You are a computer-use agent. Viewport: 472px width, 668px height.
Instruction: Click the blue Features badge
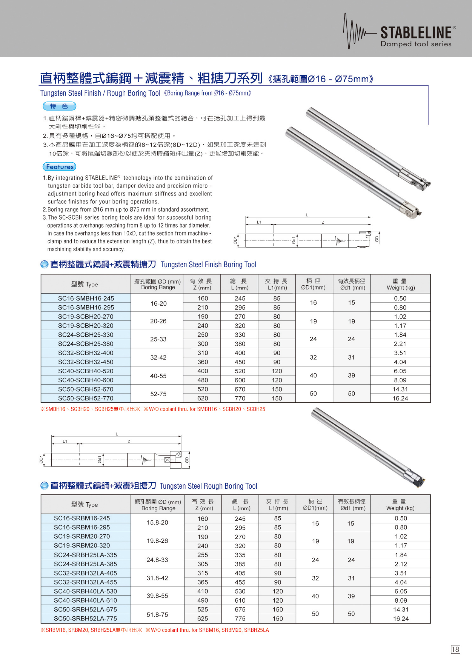coord(60,167)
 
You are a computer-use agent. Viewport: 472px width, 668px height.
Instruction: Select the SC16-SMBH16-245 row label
coord(86,298)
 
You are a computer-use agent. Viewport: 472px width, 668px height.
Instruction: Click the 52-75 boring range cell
coord(158,394)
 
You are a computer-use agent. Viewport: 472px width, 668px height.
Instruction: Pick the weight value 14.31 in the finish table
coord(400,389)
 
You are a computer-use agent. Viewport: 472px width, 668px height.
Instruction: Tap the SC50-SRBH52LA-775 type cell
coord(85,619)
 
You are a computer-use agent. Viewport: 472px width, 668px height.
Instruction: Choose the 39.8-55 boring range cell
coord(157,596)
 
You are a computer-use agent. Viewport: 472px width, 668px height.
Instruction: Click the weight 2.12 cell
coord(400,564)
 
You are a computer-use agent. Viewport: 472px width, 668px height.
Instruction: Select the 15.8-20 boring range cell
coord(157,523)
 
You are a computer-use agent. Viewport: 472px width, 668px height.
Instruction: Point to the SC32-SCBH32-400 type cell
coord(86,353)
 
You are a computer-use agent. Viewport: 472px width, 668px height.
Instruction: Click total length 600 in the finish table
coord(240,380)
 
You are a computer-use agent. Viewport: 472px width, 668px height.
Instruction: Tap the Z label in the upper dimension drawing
coord(323,222)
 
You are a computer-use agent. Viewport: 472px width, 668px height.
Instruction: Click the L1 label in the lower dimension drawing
coord(65,441)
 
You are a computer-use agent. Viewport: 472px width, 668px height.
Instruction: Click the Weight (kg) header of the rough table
coord(400,505)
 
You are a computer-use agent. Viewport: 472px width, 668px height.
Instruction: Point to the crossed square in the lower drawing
coord(167,460)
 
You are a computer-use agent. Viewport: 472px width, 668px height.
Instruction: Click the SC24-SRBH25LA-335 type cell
coord(85,555)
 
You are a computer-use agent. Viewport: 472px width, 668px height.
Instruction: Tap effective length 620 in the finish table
coord(202,398)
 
